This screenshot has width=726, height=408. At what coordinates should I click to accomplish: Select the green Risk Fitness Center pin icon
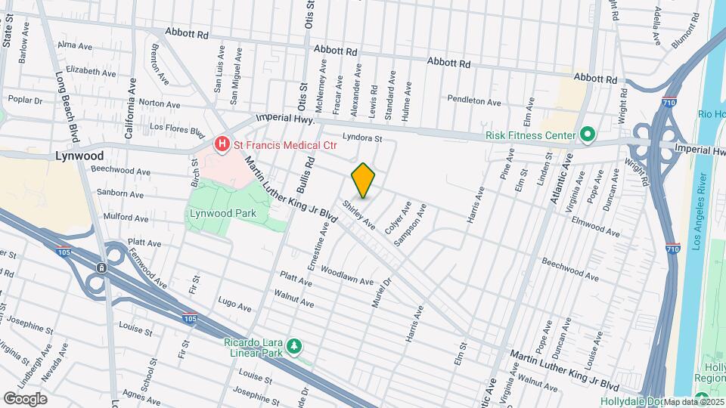(x=588, y=135)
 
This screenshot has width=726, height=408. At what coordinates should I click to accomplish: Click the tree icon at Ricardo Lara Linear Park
(x=294, y=346)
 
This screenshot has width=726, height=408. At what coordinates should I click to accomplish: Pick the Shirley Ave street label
(x=358, y=214)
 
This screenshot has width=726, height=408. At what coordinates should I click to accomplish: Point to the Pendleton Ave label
(x=474, y=100)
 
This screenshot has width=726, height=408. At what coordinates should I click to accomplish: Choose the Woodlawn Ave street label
(x=347, y=275)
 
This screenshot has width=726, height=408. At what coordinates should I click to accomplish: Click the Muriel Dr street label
(x=382, y=292)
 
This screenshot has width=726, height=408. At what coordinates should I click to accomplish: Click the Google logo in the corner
(x=25, y=398)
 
